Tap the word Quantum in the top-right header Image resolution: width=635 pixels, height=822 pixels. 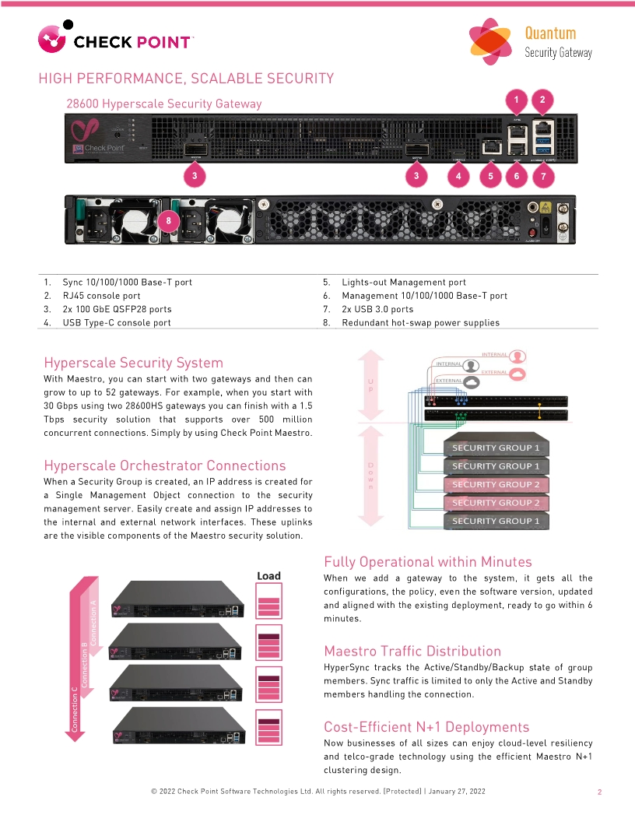pyautogui.click(x=550, y=33)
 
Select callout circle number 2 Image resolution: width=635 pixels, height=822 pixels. pyautogui.click(x=542, y=99)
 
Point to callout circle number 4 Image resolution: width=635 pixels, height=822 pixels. pyautogui.click(x=458, y=176)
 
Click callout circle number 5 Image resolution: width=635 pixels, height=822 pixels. pyautogui.click(x=490, y=176)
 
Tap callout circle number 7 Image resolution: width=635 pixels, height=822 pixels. pyautogui.click(x=543, y=176)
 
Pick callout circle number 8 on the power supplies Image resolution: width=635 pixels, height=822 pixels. pyautogui.click(x=170, y=221)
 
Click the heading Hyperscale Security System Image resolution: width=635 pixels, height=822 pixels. pyautogui.click(x=133, y=363)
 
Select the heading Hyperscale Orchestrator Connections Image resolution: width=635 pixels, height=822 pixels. pyautogui.click(x=165, y=465)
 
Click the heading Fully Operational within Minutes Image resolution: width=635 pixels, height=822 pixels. pyautogui.click(x=428, y=562)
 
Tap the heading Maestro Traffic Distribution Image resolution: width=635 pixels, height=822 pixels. pyautogui.click(x=412, y=651)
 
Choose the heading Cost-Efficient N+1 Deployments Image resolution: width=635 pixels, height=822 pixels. pyautogui.click(x=426, y=727)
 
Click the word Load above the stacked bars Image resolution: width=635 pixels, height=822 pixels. pyautogui.click(x=268, y=576)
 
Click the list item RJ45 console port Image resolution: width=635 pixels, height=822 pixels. pyautogui.click(x=101, y=296)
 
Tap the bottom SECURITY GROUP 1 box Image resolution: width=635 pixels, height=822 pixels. pyautogui.click(x=496, y=521)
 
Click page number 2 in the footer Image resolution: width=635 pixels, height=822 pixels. pyautogui.click(x=600, y=792)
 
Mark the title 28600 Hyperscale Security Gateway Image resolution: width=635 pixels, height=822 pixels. pyautogui.click(x=164, y=104)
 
